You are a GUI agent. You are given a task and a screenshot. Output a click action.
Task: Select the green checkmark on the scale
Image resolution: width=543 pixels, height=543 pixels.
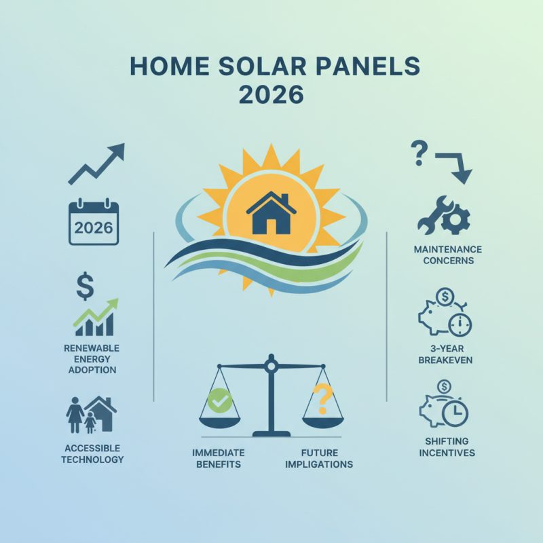click(x=219, y=401)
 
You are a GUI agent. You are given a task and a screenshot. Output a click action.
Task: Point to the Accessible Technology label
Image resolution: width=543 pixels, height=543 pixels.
click(x=92, y=453)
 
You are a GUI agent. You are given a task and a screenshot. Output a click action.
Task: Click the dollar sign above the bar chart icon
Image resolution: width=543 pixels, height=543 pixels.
click(x=85, y=286)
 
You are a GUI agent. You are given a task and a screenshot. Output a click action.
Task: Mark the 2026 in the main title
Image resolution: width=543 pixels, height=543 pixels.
click(x=271, y=94)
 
